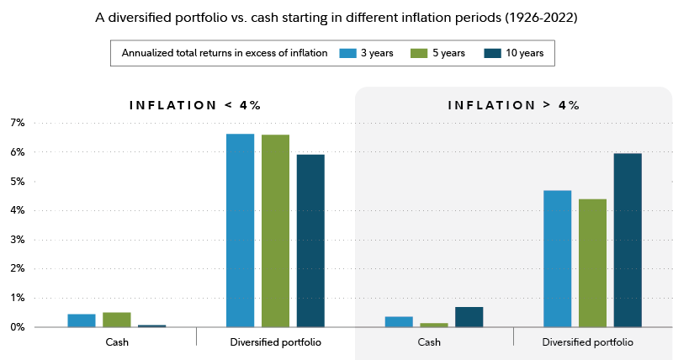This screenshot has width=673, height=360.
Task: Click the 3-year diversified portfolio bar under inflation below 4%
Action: pos(240,230)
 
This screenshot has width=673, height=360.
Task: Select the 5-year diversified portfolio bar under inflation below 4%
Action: pos(275,230)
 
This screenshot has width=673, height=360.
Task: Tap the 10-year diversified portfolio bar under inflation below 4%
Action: pos(310,240)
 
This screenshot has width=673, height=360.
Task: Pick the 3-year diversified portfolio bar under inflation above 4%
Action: pos(557,258)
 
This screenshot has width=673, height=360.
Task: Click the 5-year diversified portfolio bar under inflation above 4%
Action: pos(592,262)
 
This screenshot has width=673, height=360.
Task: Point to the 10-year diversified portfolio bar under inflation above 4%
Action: pos(628,240)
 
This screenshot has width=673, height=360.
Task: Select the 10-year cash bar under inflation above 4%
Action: pos(469,317)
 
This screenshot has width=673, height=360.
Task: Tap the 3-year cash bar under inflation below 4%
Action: pos(82,320)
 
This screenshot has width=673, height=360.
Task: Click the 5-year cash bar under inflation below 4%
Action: pos(117,319)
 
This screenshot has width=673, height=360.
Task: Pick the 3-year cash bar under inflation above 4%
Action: pos(399,321)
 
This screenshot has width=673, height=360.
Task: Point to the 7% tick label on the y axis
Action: pos(18,123)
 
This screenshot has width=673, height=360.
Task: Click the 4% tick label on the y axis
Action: pos(18,210)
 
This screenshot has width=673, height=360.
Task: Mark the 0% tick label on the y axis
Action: pos(18,327)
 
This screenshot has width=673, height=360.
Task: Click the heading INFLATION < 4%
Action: pos(195,105)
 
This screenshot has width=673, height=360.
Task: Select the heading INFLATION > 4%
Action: pos(513,105)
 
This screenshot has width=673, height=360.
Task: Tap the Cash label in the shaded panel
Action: pos(429,342)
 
